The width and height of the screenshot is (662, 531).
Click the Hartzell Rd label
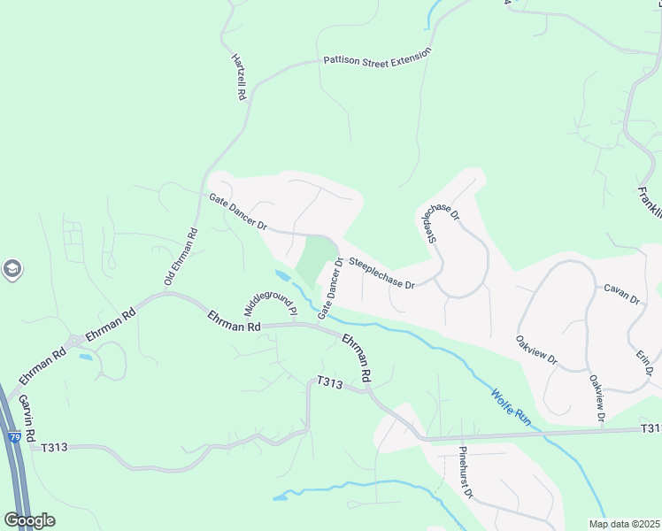(238, 77)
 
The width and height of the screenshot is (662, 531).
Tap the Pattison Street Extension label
(377, 57)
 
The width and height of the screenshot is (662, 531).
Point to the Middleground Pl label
(270, 299)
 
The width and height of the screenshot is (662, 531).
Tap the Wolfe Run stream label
(511, 406)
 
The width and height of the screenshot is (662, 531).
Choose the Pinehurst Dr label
(466, 473)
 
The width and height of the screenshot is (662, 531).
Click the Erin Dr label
(643, 363)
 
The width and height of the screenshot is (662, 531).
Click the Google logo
(29, 519)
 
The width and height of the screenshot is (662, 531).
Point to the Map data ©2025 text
(623, 524)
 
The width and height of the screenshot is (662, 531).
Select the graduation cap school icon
(12, 269)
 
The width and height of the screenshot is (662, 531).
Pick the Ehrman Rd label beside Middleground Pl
(235, 321)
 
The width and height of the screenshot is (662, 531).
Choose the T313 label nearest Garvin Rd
(54, 447)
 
